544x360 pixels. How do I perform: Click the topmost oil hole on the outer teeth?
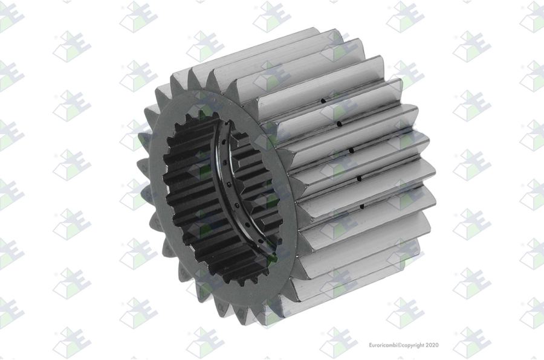pos(323,101)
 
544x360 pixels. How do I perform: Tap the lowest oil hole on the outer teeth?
pos(362,207)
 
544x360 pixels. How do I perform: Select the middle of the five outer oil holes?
pos(351,150)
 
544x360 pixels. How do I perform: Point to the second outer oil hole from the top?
pos(338,123)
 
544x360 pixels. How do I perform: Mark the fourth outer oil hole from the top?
pos(359,179)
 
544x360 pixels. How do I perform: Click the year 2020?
pos(432,345)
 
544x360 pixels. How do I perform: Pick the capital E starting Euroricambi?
pos(371,345)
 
